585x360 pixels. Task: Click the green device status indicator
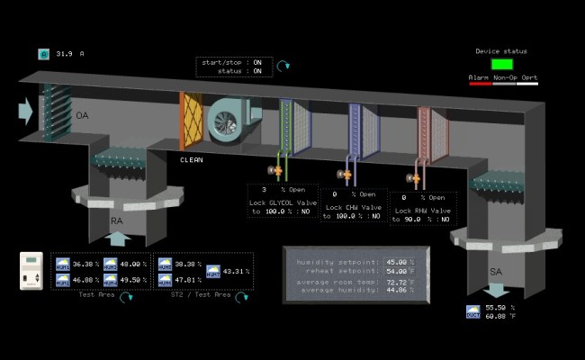pos(502,64)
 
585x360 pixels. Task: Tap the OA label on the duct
pos(83,116)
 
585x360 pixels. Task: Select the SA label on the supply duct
pos(496,271)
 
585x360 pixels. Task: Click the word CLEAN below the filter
pos(192,159)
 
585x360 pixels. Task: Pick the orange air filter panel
pos(193,122)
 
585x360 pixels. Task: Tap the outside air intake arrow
pos(25,111)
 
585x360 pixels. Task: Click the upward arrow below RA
pos(119,239)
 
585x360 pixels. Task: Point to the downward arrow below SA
pos(495,292)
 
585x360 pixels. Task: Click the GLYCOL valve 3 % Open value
pos(265,190)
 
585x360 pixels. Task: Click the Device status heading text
pos(501,51)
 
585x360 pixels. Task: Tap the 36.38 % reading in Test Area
pos(84,265)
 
